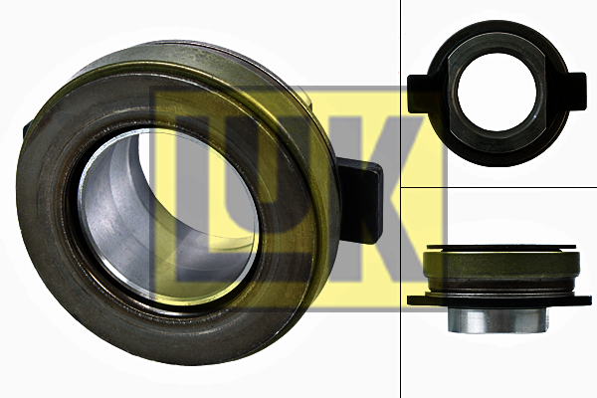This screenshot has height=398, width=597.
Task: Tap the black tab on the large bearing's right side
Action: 360,200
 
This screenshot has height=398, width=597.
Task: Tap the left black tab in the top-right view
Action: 419,94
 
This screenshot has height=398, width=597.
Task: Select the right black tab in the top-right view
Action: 575,92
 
